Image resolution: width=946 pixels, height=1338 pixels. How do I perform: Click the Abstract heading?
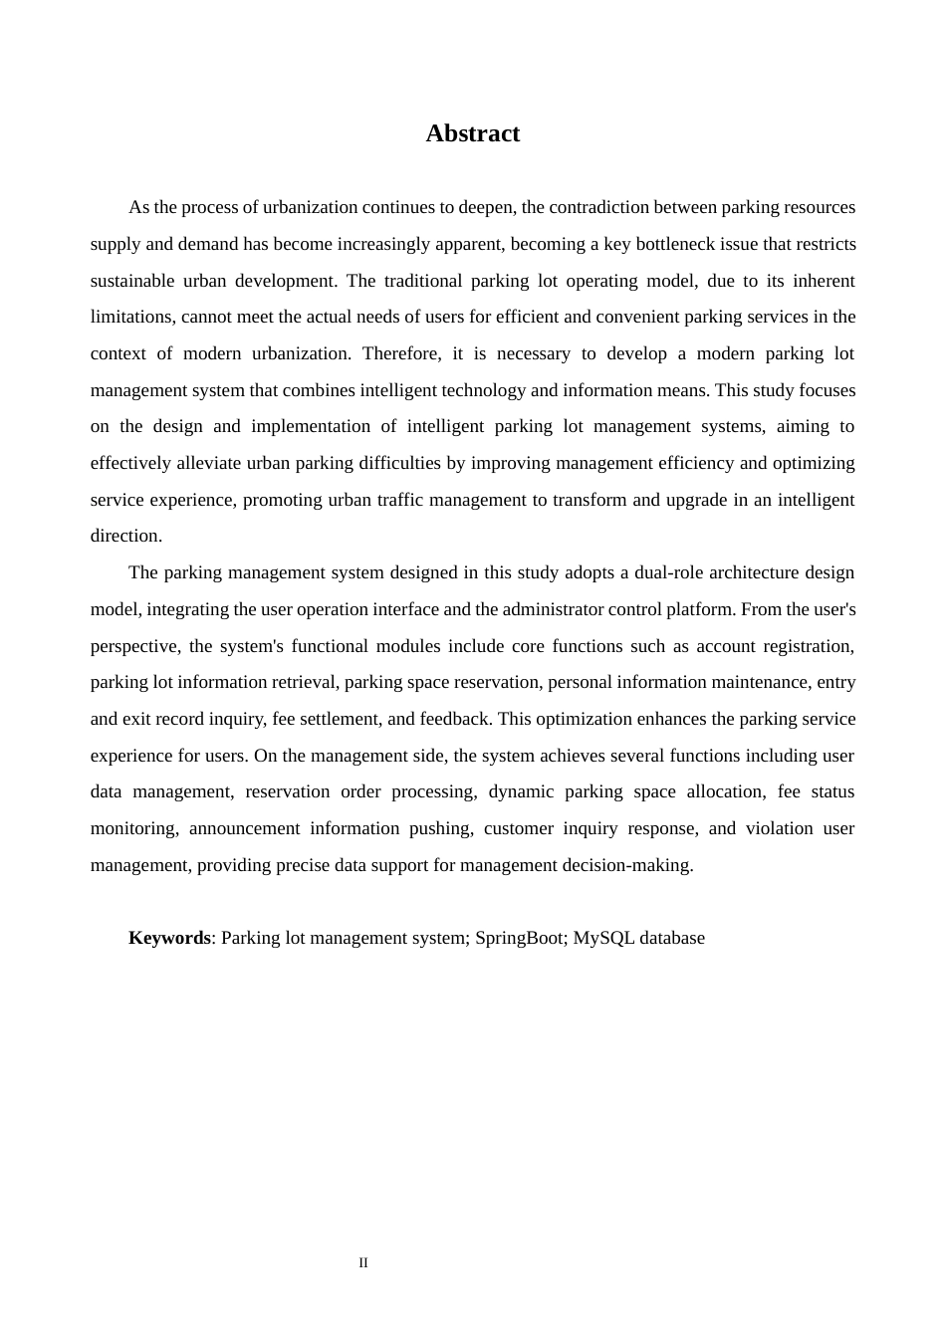point(472,133)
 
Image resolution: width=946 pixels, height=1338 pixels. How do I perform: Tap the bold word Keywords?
point(169,938)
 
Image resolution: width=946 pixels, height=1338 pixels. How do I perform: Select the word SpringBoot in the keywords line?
point(518,938)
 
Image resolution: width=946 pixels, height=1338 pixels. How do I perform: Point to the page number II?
point(363,1263)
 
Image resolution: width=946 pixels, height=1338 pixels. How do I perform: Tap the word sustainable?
point(131,281)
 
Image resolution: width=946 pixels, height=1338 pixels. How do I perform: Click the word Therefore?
point(401,353)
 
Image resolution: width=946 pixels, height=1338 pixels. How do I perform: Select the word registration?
point(808,646)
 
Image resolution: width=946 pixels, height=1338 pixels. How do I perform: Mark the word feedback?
point(454,719)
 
